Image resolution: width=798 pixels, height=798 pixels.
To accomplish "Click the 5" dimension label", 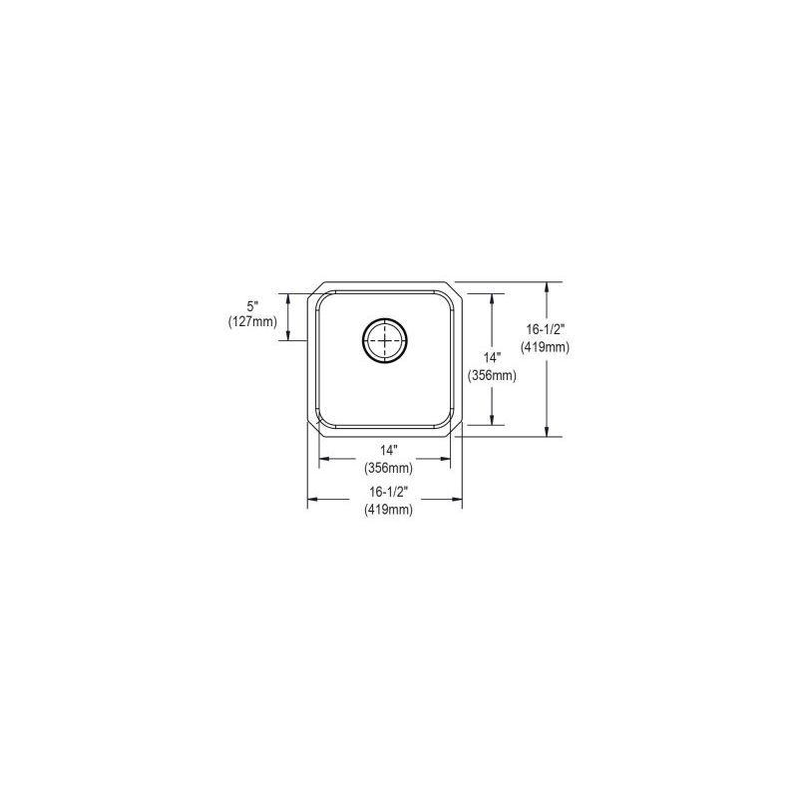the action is click(253, 307).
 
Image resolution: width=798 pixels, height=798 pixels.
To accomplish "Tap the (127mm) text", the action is click(253, 321).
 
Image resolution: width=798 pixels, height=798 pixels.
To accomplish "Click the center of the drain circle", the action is click(385, 340).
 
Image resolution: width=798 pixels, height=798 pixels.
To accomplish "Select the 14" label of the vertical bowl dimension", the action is click(492, 357).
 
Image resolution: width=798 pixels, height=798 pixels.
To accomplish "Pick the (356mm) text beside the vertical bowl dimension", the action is click(492, 376).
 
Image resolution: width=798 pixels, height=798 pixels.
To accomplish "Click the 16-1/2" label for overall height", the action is click(545, 329).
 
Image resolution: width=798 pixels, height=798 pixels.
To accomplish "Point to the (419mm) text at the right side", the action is click(545, 347).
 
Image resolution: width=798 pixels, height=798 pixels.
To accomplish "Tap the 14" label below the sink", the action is click(388, 450).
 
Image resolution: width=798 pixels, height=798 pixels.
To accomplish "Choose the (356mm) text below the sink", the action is click(388, 467).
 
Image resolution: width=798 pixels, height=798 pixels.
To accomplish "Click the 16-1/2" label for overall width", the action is click(388, 492).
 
